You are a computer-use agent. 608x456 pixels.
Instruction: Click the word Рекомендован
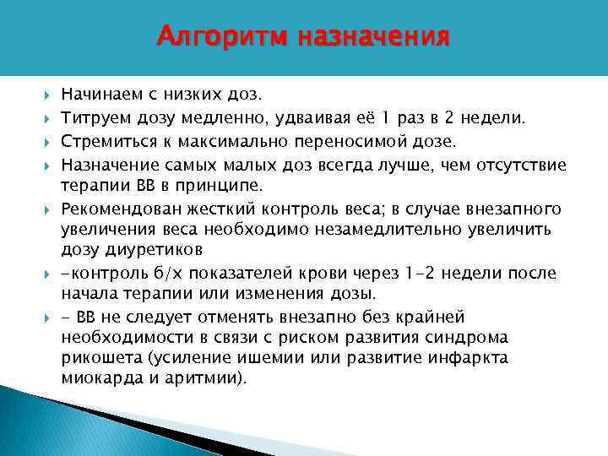point(114,209)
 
